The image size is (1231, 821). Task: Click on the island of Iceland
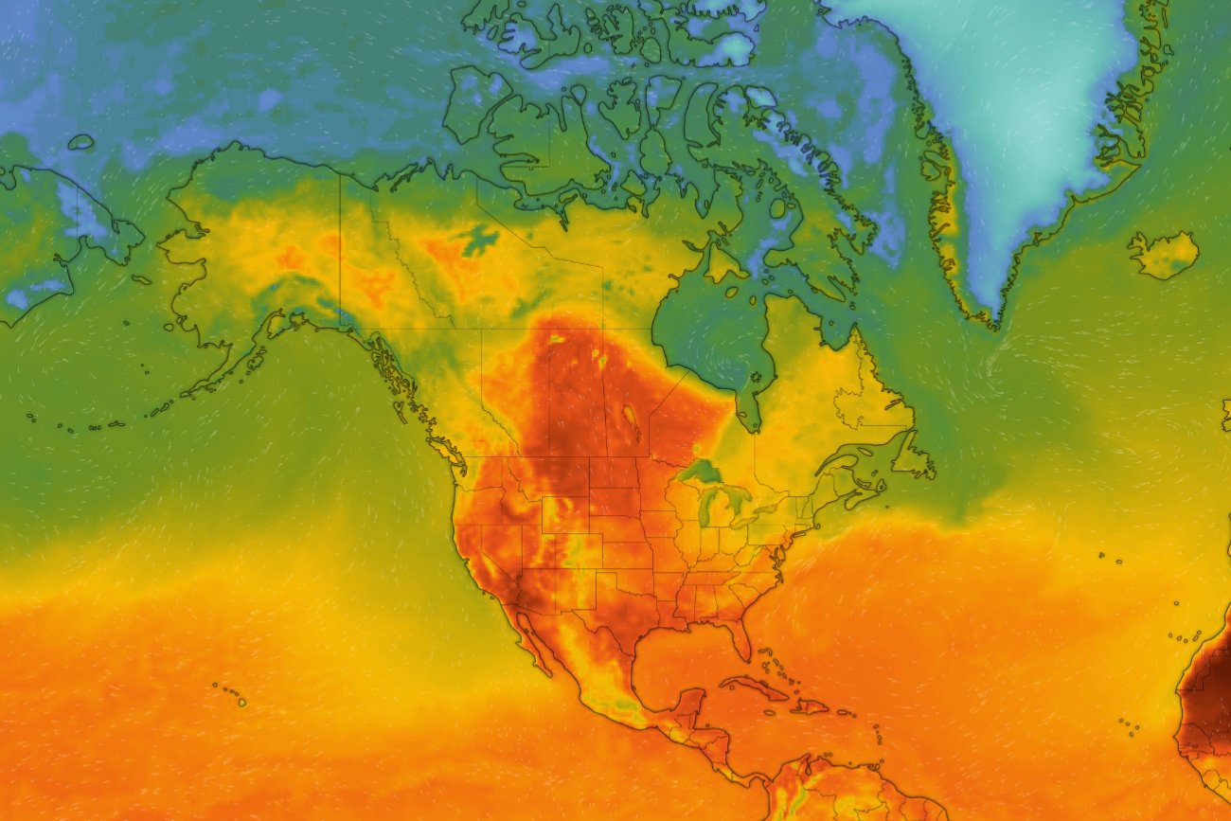pos(1163,255)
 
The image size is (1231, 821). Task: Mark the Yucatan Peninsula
pos(693,705)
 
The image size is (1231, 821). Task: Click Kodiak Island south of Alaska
pos(256,360)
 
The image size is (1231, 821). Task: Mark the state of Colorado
pos(572,550)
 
